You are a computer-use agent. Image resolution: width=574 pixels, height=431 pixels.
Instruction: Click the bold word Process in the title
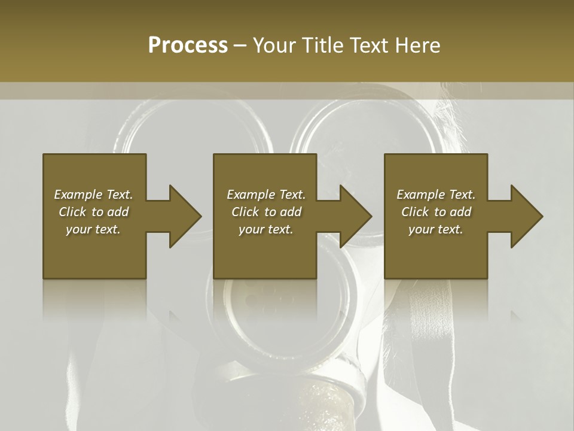188,45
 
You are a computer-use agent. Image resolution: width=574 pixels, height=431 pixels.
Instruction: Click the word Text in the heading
370,45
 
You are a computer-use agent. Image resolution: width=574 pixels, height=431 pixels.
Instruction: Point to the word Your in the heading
275,45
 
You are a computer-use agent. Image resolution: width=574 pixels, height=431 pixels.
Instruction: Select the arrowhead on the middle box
355,216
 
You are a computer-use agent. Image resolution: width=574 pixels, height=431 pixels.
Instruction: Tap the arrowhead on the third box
526,216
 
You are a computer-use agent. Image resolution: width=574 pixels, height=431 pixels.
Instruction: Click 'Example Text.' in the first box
94,195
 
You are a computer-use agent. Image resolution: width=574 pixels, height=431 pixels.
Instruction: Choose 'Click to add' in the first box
94,212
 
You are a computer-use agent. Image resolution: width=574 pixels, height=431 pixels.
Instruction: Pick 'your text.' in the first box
94,229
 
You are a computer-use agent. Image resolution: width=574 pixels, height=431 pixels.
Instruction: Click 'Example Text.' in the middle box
266,195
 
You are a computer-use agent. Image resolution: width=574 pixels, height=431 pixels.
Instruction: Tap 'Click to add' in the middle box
266,212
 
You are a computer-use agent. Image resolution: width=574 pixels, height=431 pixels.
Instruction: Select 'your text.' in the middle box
266,229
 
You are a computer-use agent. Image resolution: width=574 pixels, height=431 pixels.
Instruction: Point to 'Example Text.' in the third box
436,195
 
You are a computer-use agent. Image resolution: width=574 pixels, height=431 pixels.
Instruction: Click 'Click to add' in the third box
436,212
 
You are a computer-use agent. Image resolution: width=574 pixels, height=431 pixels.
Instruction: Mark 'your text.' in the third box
436,229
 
